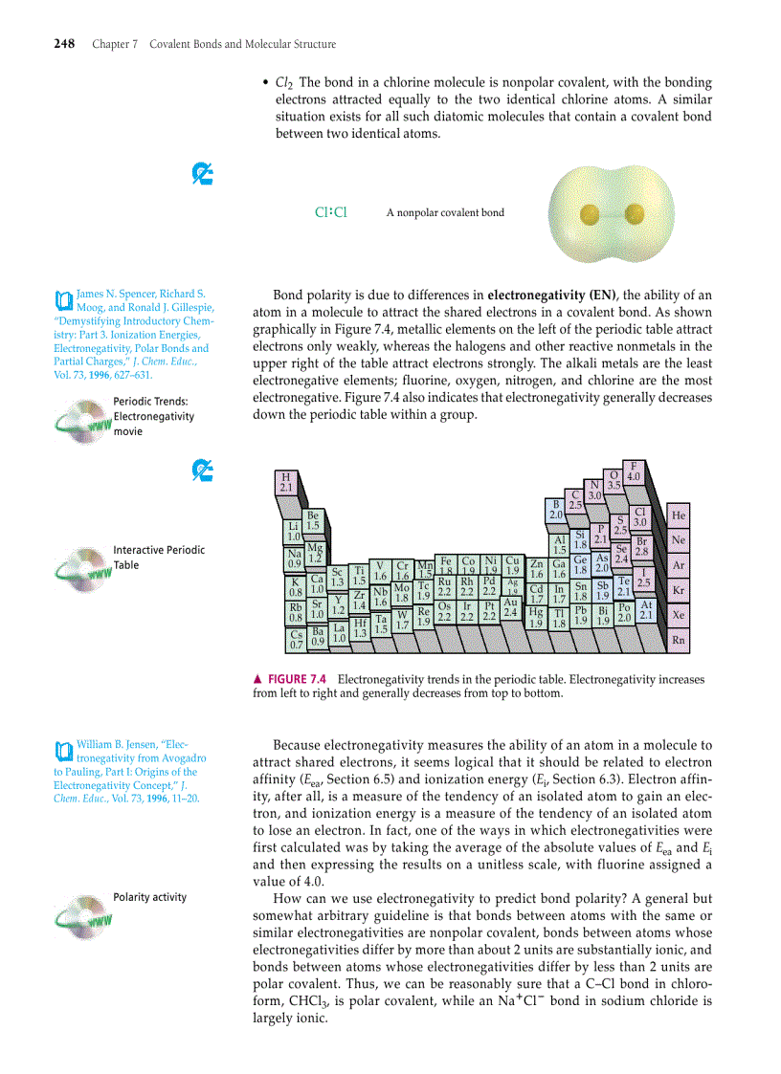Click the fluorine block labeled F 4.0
pyautogui.click(x=633, y=471)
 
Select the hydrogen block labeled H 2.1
pyautogui.click(x=285, y=482)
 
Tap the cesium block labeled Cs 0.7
pyautogui.click(x=297, y=639)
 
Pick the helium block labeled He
pyautogui.click(x=679, y=515)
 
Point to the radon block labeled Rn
pyautogui.click(x=679, y=640)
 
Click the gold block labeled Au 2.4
pyautogui.click(x=510, y=607)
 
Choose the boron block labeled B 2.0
pyautogui.click(x=555, y=510)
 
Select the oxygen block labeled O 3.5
pyautogui.click(x=614, y=481)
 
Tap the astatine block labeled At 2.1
pyautogui.click(x=646, y=610)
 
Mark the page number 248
pyautogui.click(x=64, y=44)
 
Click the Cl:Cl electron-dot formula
pyautogui.click(x=330, y=212)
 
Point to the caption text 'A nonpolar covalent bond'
pyautogui.click(x=445, y=213)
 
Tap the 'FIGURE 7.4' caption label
pyautogui.click(x=297, y=679)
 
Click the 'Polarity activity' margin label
pyautogui.click(x=149, y=897)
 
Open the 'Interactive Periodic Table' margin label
pyautogui.click(x=158, y=558)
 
